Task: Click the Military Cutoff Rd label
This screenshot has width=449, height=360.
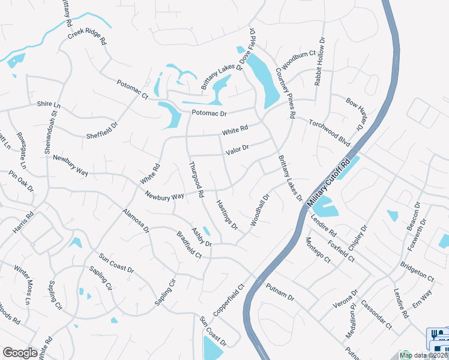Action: (x=328, y=184)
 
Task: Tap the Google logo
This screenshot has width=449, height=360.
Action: (x=20, y=353)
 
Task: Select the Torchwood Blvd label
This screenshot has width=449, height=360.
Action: (x=329, y=131)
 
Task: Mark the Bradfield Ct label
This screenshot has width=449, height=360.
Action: (x=189, y=245)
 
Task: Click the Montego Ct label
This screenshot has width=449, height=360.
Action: (x=318, y=250)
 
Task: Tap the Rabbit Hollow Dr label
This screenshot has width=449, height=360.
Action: (x=319, y=62)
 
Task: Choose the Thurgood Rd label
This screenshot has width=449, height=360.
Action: (x=196, y=179)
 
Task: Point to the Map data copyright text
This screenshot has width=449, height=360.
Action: (x=423, y=355)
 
